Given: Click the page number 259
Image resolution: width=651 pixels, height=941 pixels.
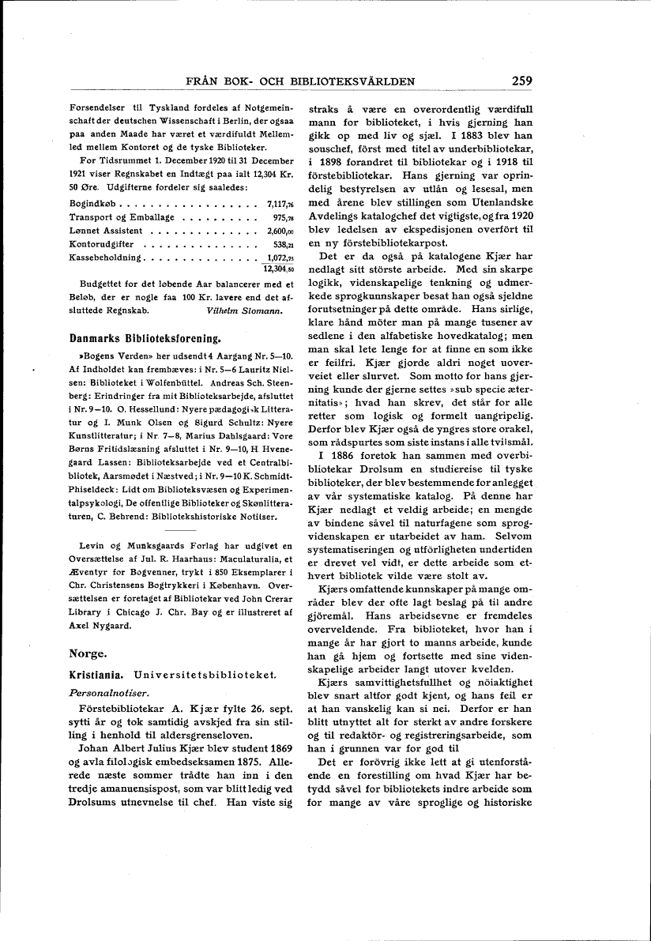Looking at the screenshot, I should [x=521, y=80].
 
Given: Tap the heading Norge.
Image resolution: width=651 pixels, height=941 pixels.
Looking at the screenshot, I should [x=88, y=653].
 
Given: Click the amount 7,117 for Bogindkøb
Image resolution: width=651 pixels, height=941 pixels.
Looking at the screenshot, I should [x=280, y=204].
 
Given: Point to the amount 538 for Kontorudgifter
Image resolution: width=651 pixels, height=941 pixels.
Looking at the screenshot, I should [x=282, y=244].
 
